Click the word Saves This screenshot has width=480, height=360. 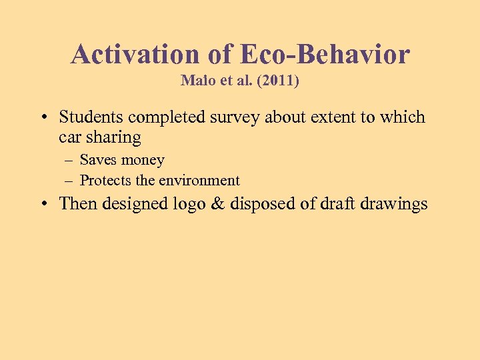click(98, 160)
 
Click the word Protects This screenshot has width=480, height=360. click(105, 180)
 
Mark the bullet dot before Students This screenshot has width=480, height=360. click(43, 118)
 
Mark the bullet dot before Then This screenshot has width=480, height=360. click(43, 204)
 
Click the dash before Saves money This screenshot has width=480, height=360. click(69, 161)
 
